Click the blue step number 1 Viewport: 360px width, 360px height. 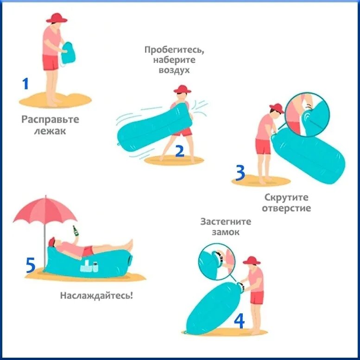(x=25, y=83)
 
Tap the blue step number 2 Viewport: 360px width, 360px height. (x=180, y=151)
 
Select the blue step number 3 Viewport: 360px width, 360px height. (x=240, y=173)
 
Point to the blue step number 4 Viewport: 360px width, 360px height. (x=239, y=321)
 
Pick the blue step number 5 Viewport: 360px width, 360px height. (x=31, y=265)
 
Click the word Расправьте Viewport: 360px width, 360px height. (x=51, y=120)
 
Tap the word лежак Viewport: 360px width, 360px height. (x=50, y=131)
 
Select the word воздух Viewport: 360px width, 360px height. (x=174, y=70)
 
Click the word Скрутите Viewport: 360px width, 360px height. (x=286, y=197)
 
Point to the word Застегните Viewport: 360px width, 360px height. (x=226, y=221)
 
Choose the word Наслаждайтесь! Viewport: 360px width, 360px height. (x=96, y=296)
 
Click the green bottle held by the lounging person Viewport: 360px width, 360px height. (x=76, y=231)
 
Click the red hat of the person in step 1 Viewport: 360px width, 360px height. (x=57, y=18)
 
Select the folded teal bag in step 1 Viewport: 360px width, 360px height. (x=68, y=53)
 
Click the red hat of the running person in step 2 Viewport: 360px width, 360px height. (x=182, y=89)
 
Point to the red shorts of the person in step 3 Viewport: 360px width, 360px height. (x=264, y=146)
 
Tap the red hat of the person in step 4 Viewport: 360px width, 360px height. (x=252, y=260)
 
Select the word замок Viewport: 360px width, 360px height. (x=226, y=232)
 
